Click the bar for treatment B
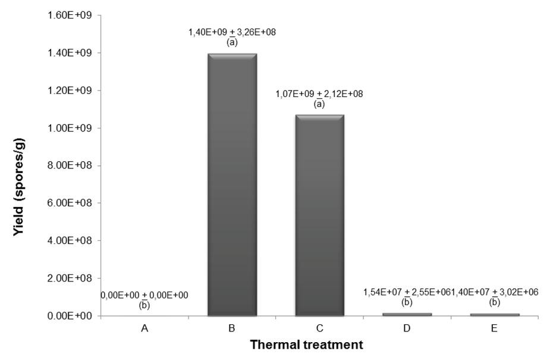click(232, 184)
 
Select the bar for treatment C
click(319, 214)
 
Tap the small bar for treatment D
click(407, 314)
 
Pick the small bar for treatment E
click(494, 314)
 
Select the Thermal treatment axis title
click(306, 345)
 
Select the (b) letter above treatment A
click(144, 305)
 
